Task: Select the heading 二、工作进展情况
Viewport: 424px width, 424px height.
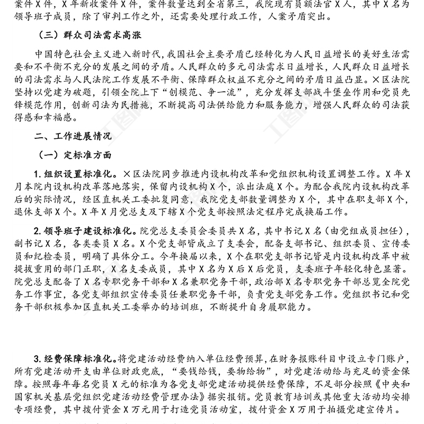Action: coord(73,136)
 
